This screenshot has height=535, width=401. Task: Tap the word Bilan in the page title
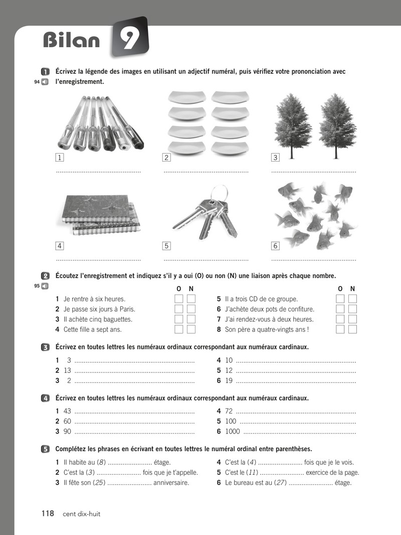72,41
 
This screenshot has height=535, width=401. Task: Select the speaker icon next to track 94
45,82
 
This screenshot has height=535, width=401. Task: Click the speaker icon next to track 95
45,286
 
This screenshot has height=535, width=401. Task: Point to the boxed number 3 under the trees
275,157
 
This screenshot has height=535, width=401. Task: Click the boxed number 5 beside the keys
166,245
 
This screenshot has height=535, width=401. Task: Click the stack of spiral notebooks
98,214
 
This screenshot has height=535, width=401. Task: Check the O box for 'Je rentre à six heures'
178,299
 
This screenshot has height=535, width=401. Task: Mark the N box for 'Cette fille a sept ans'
191,329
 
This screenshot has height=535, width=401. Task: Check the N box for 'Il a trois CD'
352,299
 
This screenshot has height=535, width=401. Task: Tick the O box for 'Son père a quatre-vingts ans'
340,329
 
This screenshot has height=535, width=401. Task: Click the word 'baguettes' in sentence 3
117,319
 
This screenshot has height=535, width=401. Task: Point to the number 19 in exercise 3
229,380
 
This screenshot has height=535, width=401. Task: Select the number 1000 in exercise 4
233,431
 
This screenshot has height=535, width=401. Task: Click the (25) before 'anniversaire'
99,483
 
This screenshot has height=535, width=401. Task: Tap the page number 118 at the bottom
48,513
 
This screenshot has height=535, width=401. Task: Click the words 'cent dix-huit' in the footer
81,514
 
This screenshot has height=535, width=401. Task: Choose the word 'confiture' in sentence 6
300,309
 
